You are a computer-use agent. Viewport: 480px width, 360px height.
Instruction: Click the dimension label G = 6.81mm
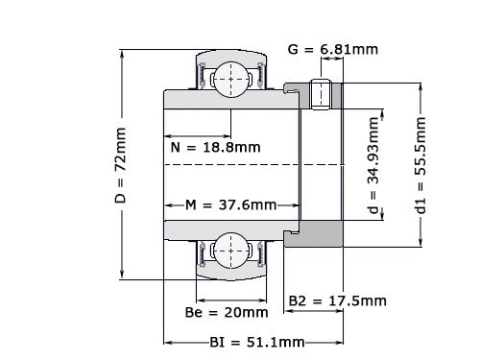coord(332,48)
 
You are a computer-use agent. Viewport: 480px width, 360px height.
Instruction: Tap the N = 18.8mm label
coord(214,147)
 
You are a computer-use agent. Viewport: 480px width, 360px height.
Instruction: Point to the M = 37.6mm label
coord(231,204)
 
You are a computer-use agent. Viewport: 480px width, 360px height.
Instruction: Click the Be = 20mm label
coord(226,312)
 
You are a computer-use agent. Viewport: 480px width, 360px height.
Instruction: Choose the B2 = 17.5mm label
coord(338,300)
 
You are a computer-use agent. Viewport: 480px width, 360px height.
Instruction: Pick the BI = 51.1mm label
coord(256,342)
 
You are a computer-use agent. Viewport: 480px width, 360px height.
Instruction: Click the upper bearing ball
coord(230,77)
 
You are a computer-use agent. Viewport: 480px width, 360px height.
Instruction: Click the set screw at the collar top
coord(324,94)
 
